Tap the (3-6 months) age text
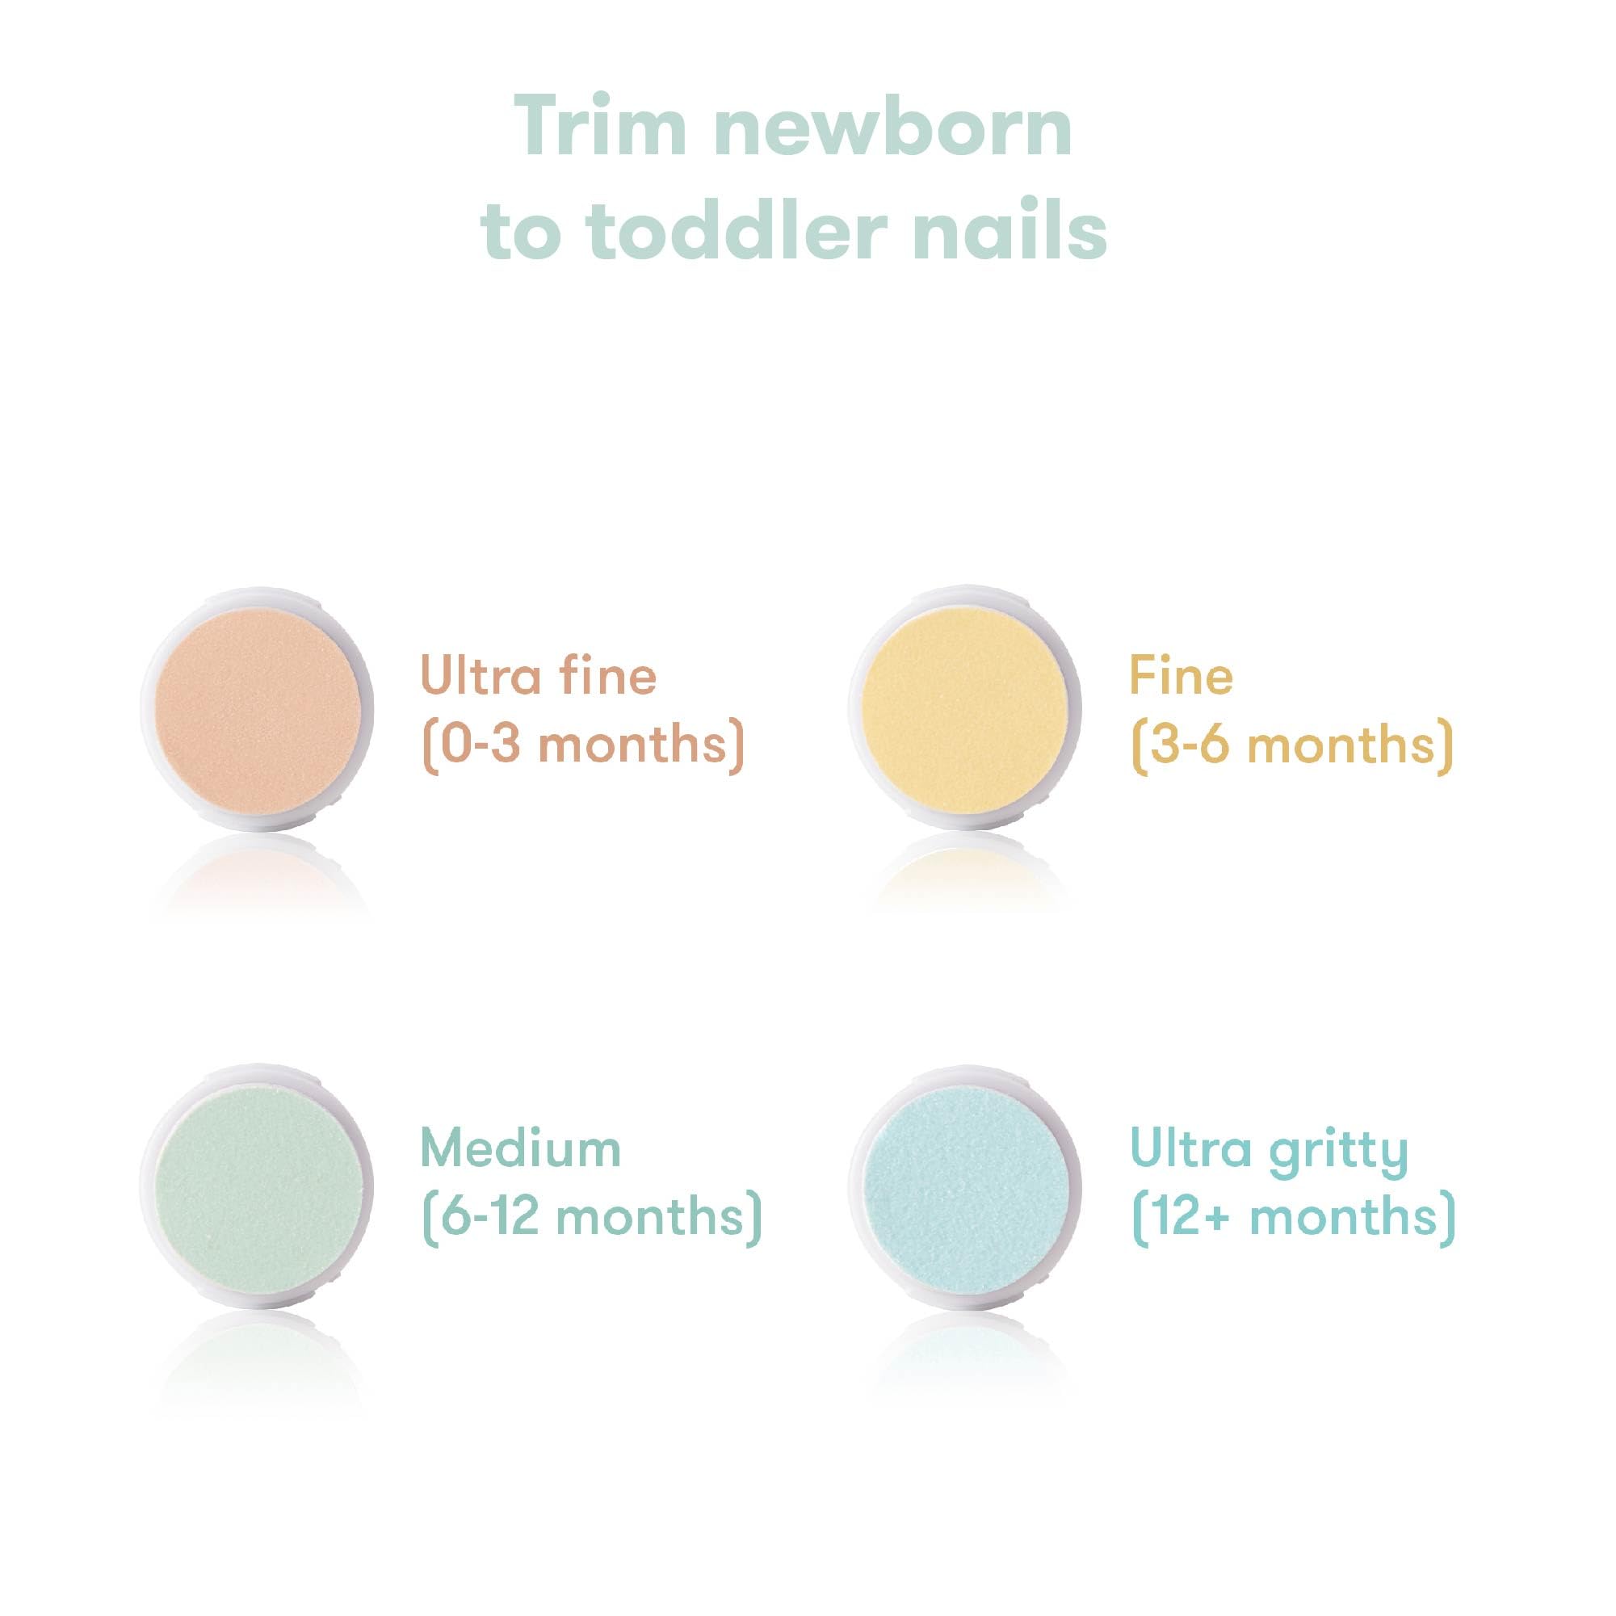1292,743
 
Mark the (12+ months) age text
1293,1218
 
